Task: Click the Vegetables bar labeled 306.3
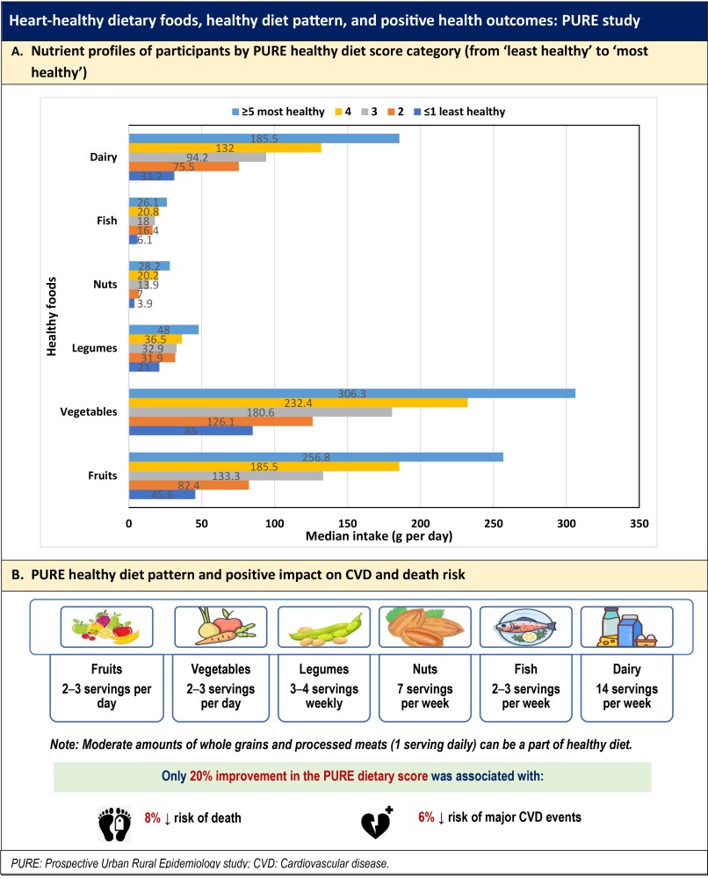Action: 351,394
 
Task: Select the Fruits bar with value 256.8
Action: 315,456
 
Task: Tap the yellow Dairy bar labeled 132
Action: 225,148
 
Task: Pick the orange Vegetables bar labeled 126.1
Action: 220,420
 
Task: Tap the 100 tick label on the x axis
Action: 275,524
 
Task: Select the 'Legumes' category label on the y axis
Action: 98,348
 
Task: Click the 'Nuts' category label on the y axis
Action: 106,285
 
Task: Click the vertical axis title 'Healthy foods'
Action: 52,317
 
